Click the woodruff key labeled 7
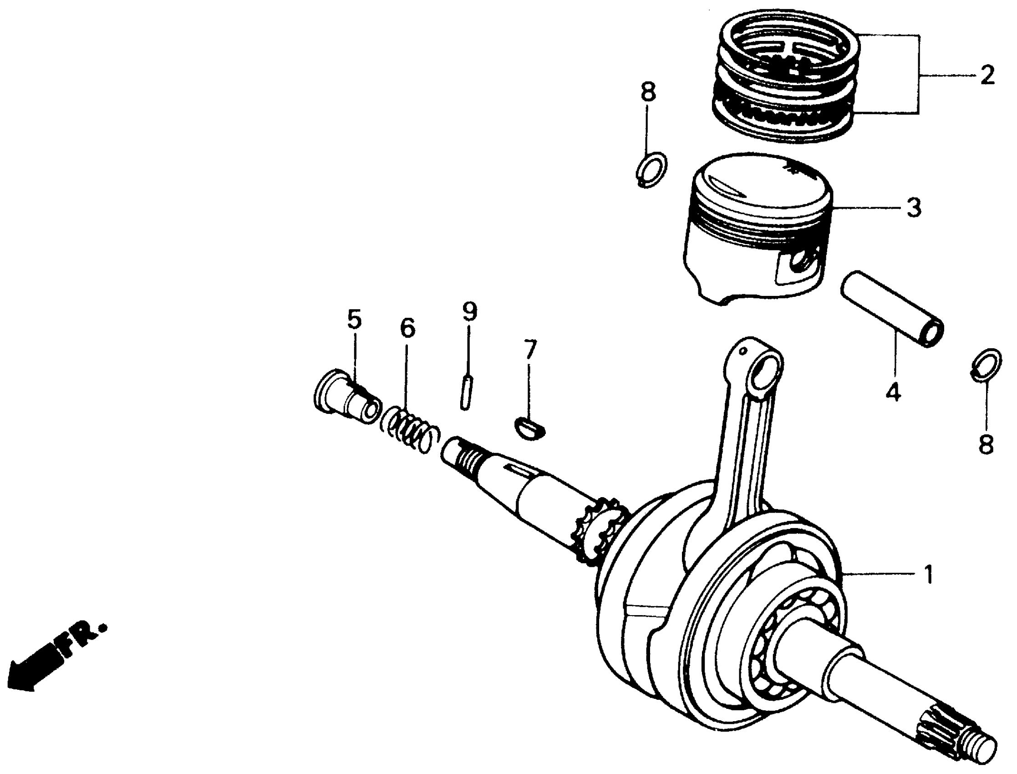click(x=530, y=428)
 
